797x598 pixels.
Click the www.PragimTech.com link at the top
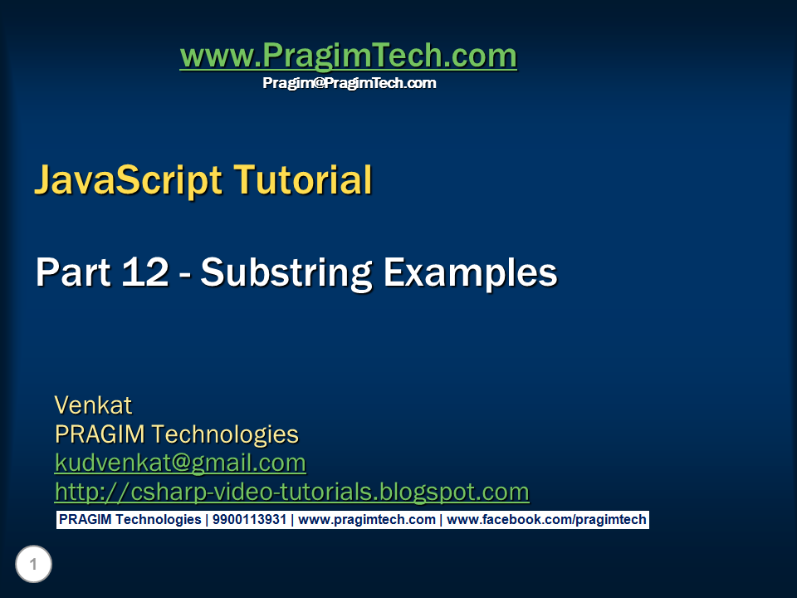pos(348,56)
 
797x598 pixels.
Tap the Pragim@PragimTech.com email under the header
pos(349,83)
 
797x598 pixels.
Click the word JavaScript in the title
pos(128,180)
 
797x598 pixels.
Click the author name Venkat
pos(93,405)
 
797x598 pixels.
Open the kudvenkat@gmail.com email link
pos(180,463)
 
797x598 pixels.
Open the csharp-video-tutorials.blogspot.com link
pos(291,492)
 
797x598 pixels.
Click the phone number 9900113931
pos(249,520)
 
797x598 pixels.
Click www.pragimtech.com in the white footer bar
pos(367,520)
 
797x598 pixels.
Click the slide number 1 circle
pos(33,566)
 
